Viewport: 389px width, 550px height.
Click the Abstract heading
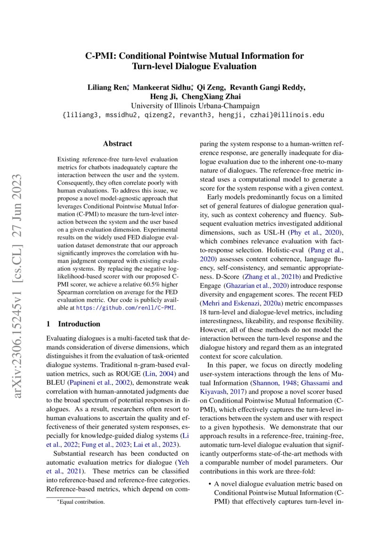pyautogui.click(x=117, y=143)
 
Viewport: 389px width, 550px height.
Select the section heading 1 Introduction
pyautogui.click(x=73, y=324)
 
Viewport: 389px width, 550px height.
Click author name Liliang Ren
pyautogui.click(x=108, y=88)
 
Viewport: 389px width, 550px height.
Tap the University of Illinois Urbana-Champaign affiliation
pyautogui.click(x=195, y=106)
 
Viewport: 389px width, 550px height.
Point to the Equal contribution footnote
pyautogui.click(x=80, y=502)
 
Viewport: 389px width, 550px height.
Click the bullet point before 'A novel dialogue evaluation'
pyautogui.click(x=208, y=484)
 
